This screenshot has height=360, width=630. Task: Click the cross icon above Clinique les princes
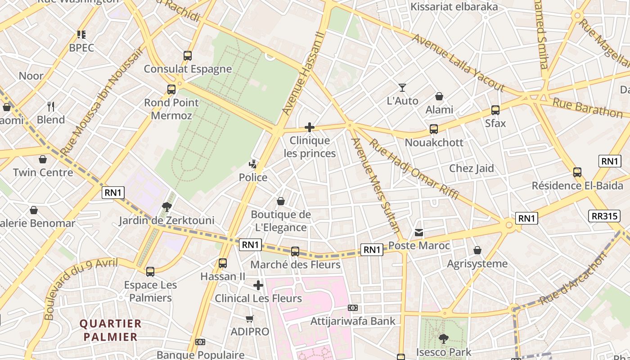pyautogui.click(x=310, y=127)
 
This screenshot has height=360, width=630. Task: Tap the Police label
pyautogui.click(x=253, y=178)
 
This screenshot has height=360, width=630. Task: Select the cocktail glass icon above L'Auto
pyautogui.click(x=402, y=88)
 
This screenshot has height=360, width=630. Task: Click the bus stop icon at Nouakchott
pyautogui.click(x=434, y=129)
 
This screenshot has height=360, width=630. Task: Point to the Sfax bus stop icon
pyautogui.click(x=495, y=110)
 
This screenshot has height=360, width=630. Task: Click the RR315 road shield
pyautogui.click(x=605, y=216)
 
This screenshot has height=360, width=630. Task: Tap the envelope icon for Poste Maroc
pyautogui.click(x=419, y=233)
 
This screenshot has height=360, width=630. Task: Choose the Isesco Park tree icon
pyautogui.click(x=444, y=339)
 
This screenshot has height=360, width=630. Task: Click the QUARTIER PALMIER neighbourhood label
pyautogui.click(x=110, y=330)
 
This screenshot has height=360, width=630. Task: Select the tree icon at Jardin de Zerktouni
pyautogui.click(x=167, y=207)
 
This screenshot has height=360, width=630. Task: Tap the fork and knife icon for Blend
pyautogui.click(x=51, y=107)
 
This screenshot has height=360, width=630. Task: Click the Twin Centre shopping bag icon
pyautogui.click(x=43, y=159)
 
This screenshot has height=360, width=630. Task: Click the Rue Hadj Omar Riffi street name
pyautogui.click(x=414, y=169)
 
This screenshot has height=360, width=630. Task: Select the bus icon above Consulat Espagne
pyautogui.click(x=188, y=56)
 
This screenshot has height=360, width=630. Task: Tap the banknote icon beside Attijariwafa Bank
pyautogui.click(x=353, y=308)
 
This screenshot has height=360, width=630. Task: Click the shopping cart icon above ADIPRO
pyautogui.click(x=250, y=319)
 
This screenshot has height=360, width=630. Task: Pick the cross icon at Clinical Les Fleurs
pyautogui.click(x=258, y=285)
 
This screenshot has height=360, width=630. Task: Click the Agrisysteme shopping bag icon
pyautogui.click(x=477, y=250)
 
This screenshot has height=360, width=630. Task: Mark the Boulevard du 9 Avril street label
pyautogui.click(x=81, y=288)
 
